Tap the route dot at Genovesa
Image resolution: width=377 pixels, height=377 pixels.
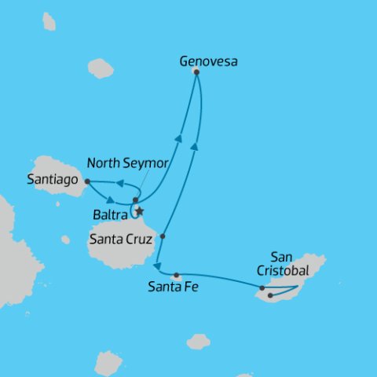click(196, 72)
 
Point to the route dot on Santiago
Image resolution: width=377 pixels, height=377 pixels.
click(86, 181)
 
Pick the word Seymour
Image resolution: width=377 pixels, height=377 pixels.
click(146, 163)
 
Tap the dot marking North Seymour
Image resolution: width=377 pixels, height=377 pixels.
click(135, 200)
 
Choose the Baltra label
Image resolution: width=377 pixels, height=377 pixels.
click(110, 212)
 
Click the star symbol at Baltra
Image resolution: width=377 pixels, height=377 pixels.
click(140, 210)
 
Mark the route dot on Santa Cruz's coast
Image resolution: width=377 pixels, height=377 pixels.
click(163, 236)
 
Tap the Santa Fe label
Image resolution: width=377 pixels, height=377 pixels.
click(173, 287)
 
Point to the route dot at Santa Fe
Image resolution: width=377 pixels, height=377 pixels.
click(177, 275)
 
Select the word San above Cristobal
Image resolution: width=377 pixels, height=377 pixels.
click(281, 256)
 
